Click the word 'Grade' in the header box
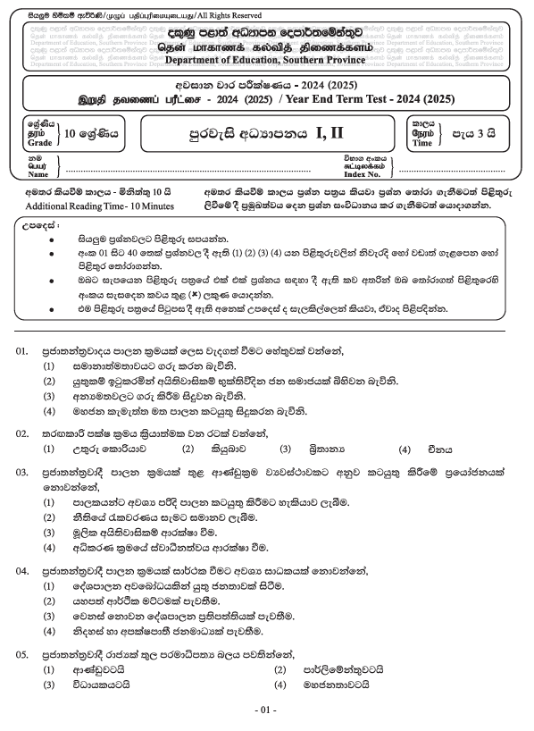(39, 141)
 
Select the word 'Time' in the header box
(421, 142)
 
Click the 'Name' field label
(39, 174)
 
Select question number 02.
(23, 434)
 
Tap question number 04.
(23, 569)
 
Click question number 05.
(23, 653)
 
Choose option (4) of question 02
(405, 450)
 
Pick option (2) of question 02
(188, 450)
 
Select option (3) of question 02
(286, 450)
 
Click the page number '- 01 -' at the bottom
(267, 710)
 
